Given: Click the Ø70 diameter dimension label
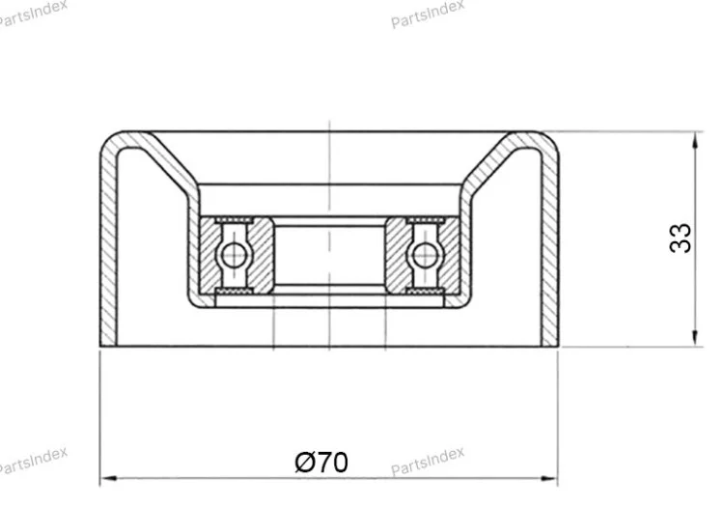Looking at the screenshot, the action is pos(321,462).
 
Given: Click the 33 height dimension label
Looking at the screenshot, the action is pos(681,239).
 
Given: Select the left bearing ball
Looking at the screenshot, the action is pos(234,254).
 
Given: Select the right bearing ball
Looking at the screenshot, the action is pos(425,254).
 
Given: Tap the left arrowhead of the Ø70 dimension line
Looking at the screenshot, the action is pos(108,479).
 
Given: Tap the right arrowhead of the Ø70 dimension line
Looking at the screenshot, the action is pos(549,479).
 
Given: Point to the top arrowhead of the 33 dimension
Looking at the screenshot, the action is pos(695,140).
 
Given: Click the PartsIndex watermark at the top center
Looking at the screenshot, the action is pos(427,14).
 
